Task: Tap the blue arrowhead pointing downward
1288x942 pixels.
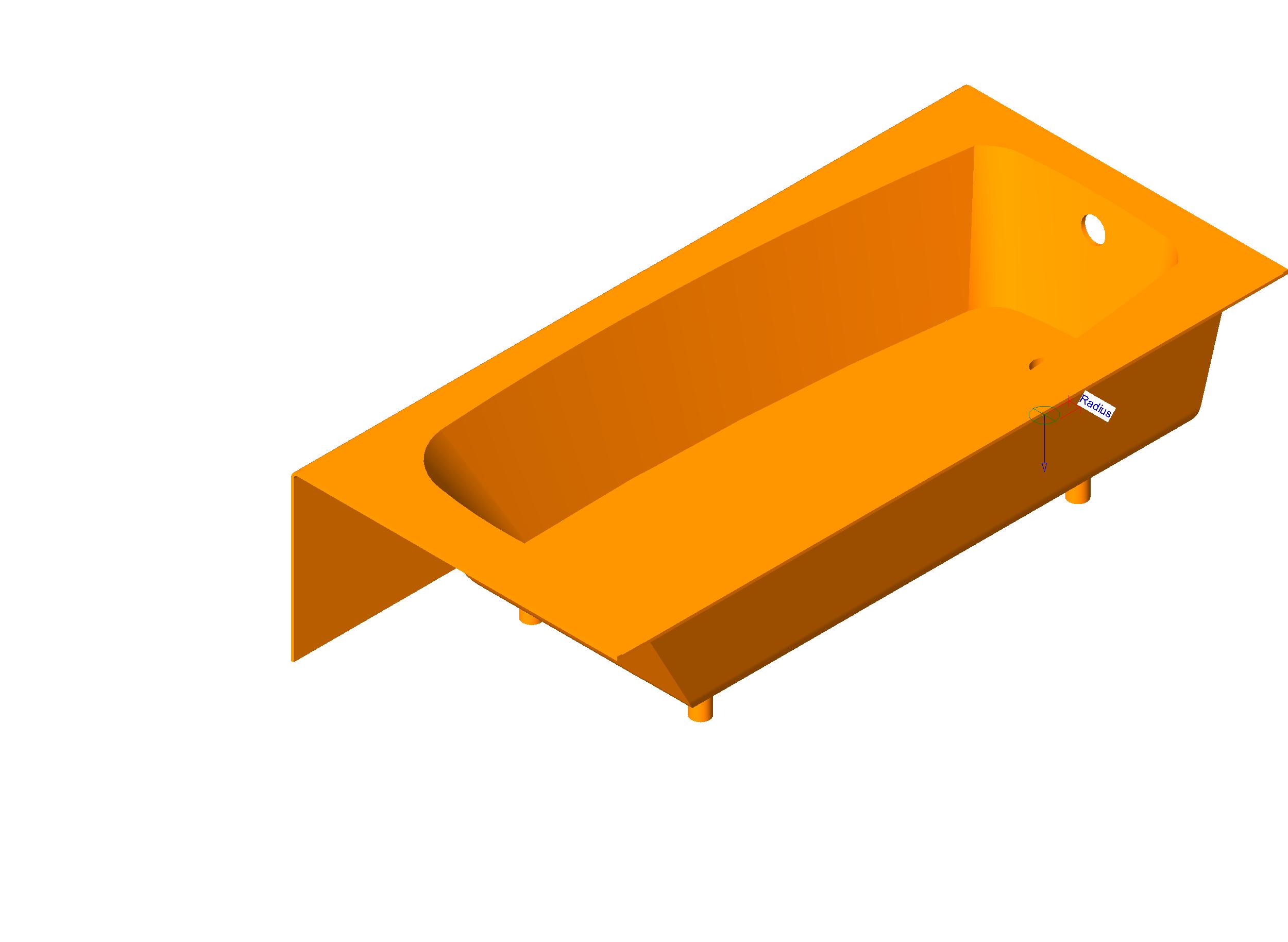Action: pyautogui.click(x=1044, y=467)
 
